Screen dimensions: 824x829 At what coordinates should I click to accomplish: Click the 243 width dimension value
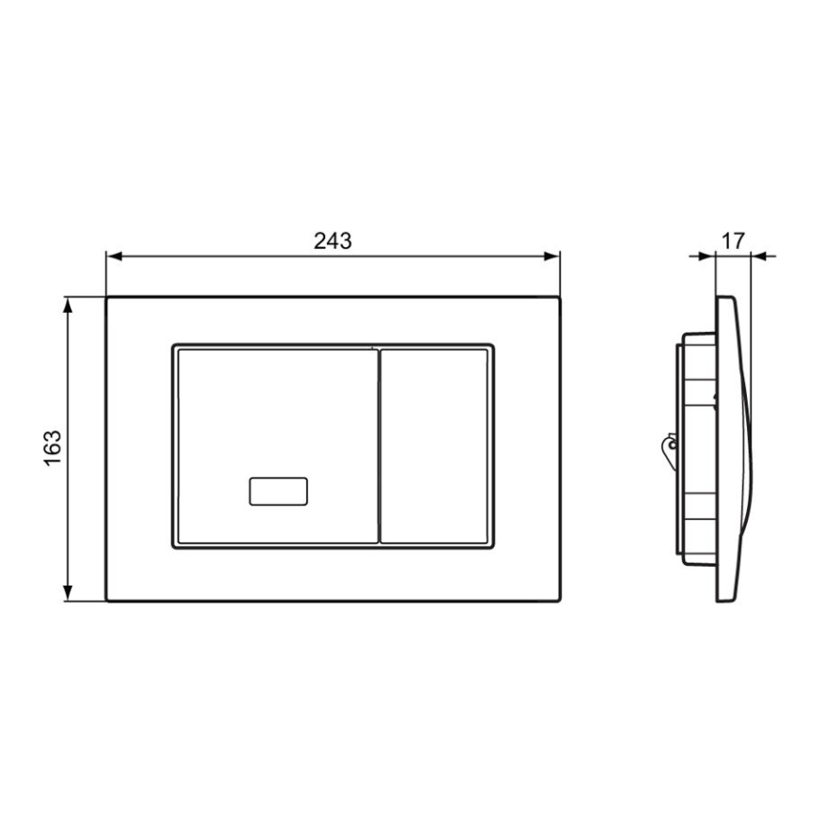tap(333, 241)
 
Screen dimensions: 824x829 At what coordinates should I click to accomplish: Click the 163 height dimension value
tap(53, 448)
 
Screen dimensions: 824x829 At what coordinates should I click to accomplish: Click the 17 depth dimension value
tap(733, 241)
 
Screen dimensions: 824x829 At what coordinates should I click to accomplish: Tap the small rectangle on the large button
tap(278, 492)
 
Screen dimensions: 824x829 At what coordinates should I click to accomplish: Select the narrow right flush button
tap(434, 446)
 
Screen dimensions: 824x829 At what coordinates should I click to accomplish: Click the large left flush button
tap(278, 446)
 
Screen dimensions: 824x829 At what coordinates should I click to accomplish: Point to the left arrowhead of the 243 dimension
tap(115, 257)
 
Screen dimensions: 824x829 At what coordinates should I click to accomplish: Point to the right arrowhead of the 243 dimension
tap(552, 257)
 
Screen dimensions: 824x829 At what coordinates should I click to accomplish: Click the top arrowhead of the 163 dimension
tap(67, 305)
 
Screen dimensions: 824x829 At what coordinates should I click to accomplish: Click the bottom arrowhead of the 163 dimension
tap(67, 593)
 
